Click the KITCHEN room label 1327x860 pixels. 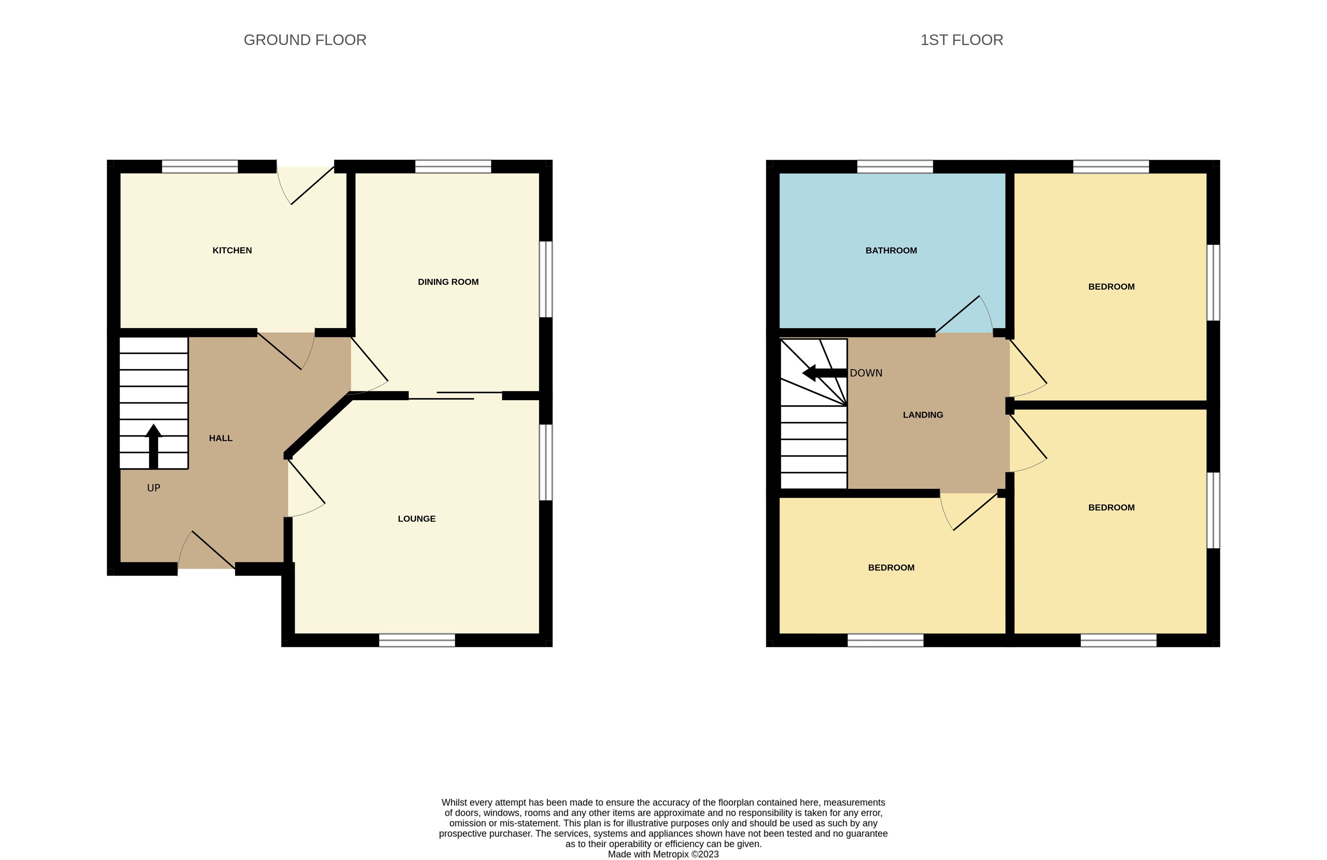tap(232, 251)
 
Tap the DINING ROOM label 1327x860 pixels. tap(448, 282)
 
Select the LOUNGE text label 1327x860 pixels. tap(417, 519)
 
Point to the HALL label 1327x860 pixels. tap(221, 438)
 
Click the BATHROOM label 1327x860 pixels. tap(891, 251)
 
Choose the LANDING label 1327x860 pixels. tap(923, 415)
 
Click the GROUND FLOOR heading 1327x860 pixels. tap(305, 40)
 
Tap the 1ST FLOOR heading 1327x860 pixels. tap(962, 40)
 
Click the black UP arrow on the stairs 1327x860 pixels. tap(153, 446)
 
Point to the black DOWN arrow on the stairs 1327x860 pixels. tap(824, 373)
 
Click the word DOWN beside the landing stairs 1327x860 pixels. tap(866, 373)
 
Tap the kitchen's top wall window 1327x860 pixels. tap(200, 166)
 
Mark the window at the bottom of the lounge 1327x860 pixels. tap(417, 640)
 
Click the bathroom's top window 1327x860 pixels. tap(895, 166)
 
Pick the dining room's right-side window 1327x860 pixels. tap(546, 279)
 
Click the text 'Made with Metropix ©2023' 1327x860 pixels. tap(663, 854)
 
